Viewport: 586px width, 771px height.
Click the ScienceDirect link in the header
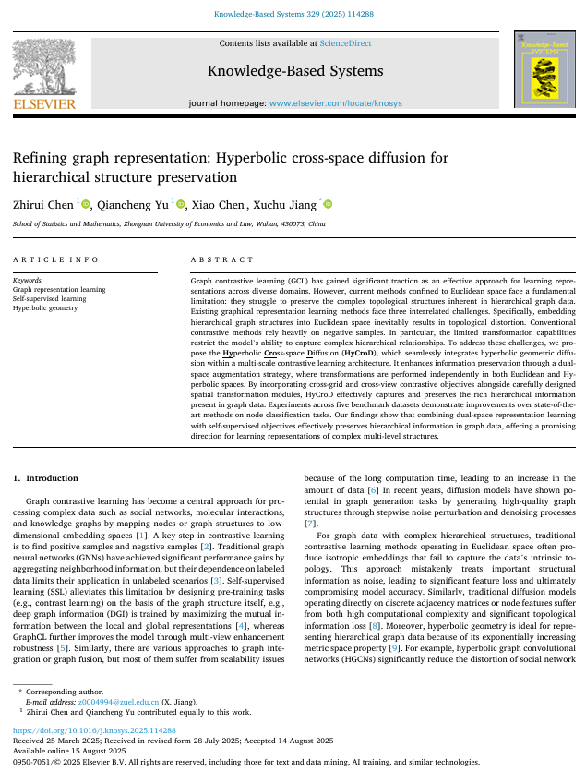point(345,43)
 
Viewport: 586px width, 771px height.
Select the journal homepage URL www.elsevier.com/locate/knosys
point(335,103)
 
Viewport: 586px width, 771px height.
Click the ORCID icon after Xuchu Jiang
point(327,203)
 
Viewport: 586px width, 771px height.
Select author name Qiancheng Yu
point(138,203)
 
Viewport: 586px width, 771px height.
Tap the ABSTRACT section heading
point(221,260)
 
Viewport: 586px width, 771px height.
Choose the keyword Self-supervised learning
point(50,298)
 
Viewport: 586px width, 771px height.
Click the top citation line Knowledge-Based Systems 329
point(293,14)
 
